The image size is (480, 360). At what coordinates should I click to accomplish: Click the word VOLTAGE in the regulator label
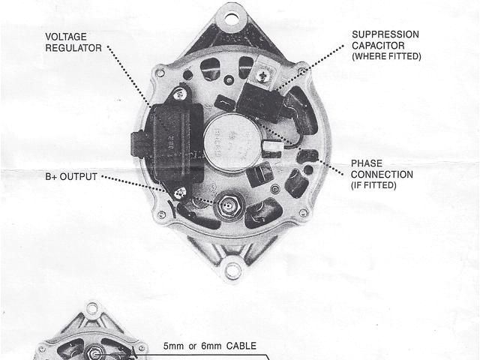point(65,35)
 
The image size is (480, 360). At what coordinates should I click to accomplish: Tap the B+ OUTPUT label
point(72,178)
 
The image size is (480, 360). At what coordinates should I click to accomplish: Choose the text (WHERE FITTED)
point(386,56)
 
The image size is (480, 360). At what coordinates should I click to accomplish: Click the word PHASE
point(367,163)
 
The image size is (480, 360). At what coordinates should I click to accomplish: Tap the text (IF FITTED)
point(373,184)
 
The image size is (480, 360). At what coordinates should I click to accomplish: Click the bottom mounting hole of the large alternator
point(233,271)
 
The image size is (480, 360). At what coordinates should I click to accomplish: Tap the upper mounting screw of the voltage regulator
point(180,94)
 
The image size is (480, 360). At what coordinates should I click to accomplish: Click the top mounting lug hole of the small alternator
point(92,308)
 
